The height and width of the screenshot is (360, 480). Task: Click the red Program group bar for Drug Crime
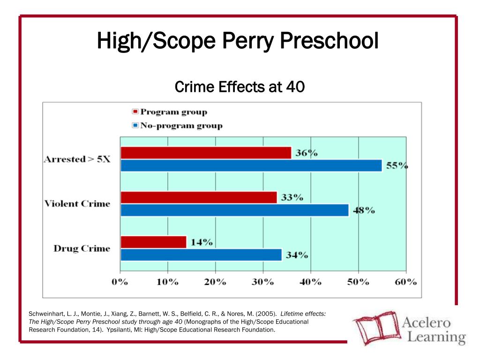click(153, 242)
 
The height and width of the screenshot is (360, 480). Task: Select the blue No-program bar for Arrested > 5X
click(251, 165)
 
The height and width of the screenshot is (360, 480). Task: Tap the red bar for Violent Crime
click(199, 197)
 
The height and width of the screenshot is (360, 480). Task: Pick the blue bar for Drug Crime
click(201, 255)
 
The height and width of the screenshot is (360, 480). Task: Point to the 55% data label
click(397, 165)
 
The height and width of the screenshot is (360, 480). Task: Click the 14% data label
click(202, 242)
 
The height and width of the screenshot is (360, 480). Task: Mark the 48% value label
click(364, 210)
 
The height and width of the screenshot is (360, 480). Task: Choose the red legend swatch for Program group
click(135, 112)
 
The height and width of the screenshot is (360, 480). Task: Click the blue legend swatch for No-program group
click(135, 125)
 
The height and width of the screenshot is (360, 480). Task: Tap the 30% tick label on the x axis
click(262, 282)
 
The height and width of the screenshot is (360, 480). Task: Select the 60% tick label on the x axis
click(405, 282)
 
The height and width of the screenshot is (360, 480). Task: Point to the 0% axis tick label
click(120, 282)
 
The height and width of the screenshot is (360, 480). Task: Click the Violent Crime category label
click(77, 203)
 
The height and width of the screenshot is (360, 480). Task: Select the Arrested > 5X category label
click(77, 159)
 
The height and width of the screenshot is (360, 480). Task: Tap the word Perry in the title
click(247, 41)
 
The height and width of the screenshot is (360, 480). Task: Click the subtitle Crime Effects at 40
click(240, 87)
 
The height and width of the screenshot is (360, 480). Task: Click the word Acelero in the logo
click(426, 322)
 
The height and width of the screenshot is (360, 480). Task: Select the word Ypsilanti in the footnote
click(118, 330)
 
